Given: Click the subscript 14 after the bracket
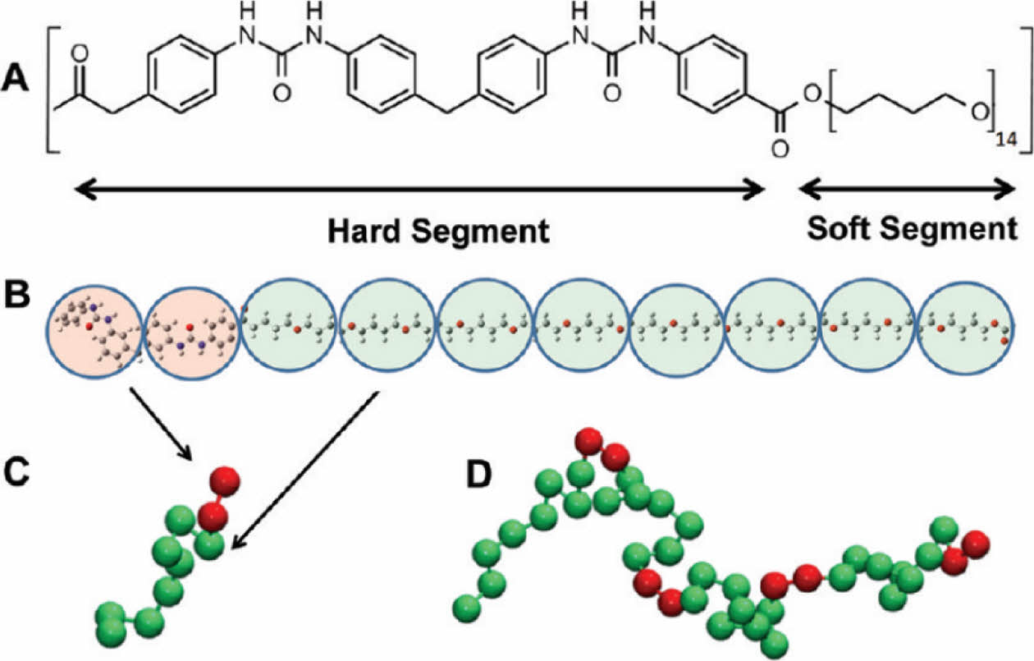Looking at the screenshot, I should tap(1006, 142).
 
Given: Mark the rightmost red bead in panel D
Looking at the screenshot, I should tap(975, 544).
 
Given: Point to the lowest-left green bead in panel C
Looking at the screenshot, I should tap(112, 615).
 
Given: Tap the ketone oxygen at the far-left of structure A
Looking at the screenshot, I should tap(80, 55).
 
